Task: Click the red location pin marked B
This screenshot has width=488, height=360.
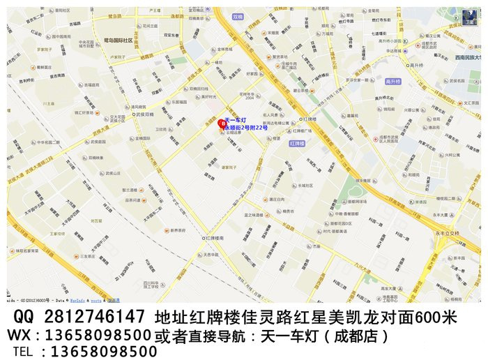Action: (222, 124)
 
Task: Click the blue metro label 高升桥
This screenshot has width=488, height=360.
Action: (394, 81)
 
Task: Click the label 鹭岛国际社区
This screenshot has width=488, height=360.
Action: (118, 40)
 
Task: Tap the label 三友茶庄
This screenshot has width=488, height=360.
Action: (86, 257)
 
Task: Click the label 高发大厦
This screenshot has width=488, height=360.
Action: (389, 289)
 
